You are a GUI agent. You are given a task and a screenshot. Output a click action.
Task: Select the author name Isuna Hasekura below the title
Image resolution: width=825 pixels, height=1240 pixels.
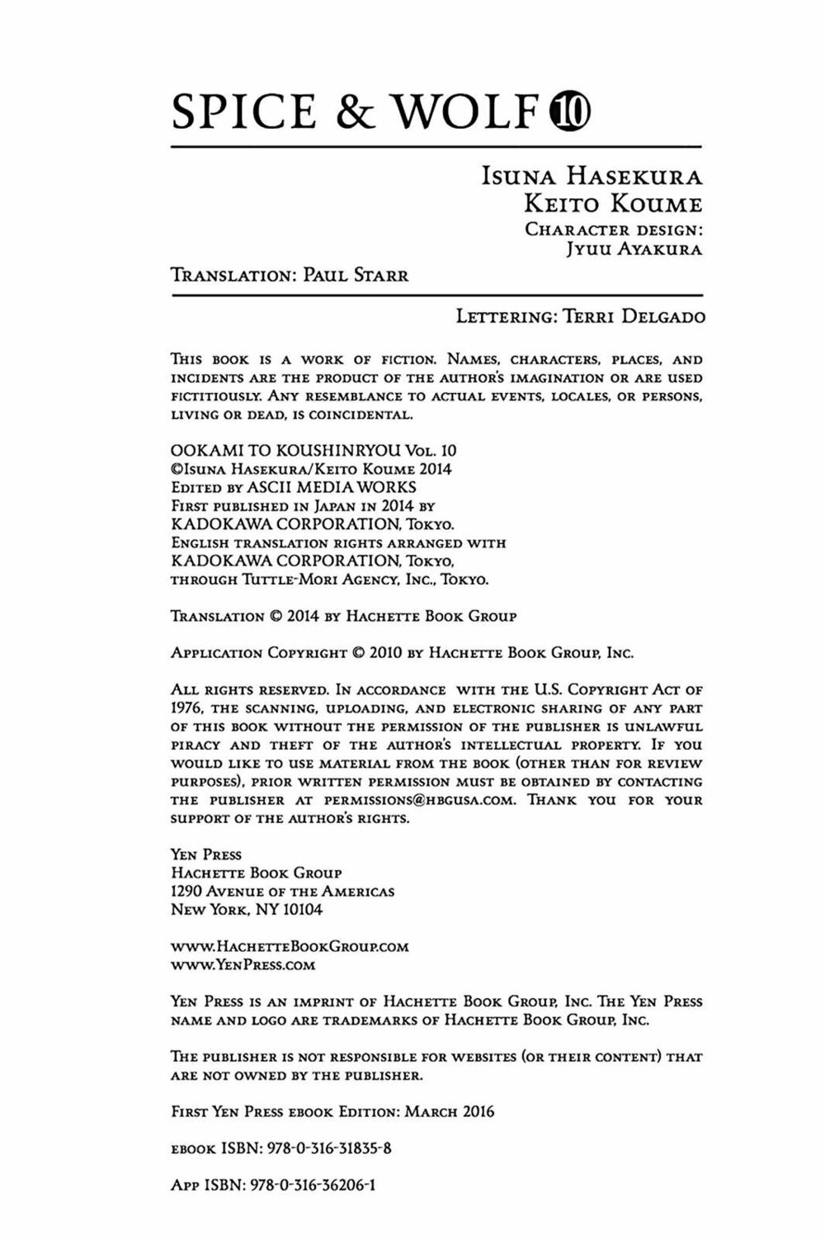coord(592,177)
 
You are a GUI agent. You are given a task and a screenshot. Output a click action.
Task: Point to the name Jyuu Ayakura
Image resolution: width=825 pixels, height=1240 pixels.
coord(634,249)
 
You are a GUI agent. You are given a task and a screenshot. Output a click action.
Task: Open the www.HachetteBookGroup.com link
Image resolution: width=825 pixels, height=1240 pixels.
coord(290,946)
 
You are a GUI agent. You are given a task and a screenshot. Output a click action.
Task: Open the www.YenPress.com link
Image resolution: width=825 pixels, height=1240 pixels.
coord(243,964)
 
